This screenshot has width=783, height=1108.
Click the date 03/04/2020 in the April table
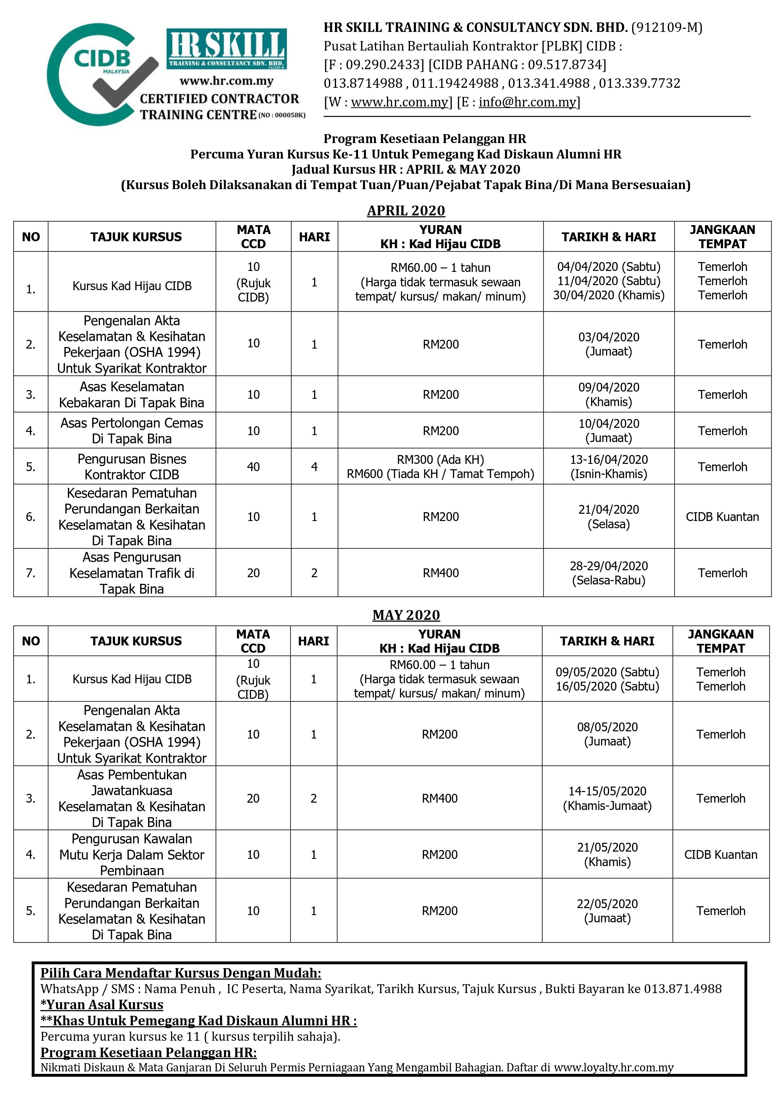(x=608, y=337)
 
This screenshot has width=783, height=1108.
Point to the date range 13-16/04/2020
(x=608, y=459)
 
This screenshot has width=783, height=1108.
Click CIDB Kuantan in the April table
(x=722, y=517)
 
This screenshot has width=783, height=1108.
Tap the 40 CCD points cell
(x=253, y=467)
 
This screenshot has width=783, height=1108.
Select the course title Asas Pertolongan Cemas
(x=132, y=423)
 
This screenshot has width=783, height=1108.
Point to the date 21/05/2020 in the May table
(x=607, y=847)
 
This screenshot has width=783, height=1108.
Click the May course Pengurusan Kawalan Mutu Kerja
(x=132, y=855)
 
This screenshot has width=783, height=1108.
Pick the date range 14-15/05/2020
(x=607, y=791)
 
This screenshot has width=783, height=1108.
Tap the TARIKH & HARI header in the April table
(x=608, y=237)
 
